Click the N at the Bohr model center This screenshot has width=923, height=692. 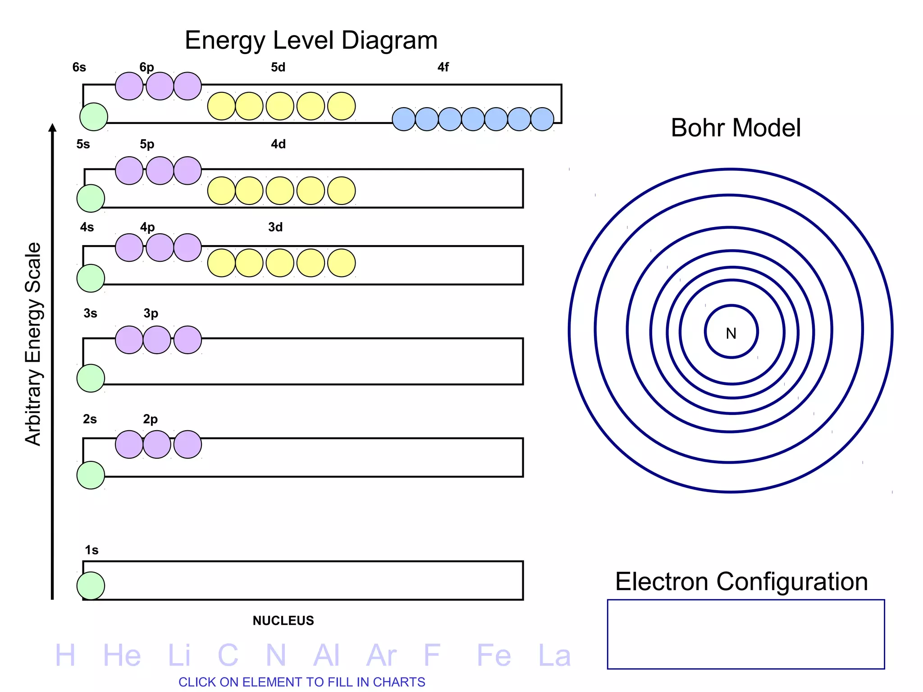click(x=731, y=333)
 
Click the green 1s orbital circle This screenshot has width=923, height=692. click(x=91, y=586)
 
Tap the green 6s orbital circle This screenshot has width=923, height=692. click(x=94, y=117)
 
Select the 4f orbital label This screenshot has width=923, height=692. click(x=443, y=67)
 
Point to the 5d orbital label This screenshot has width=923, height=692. click(x=278, y=67)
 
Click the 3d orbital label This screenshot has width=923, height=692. click(x=275, y=227)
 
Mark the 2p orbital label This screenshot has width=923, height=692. click(x=150, y=419)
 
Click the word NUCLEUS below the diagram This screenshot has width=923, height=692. click(x=283, y=620)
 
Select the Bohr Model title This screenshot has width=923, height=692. click(x=736, y=127)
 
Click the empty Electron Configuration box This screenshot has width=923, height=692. click(x=746, y=634)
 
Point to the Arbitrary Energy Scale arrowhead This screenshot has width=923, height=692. click(x=53, y=128)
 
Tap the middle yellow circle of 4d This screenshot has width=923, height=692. click(x=280, y=191)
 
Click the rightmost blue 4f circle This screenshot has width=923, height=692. click(x=542, y=119)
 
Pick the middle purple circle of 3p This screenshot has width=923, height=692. click(x=157, y=340)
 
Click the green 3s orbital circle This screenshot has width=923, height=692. click(x=91, y=378)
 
